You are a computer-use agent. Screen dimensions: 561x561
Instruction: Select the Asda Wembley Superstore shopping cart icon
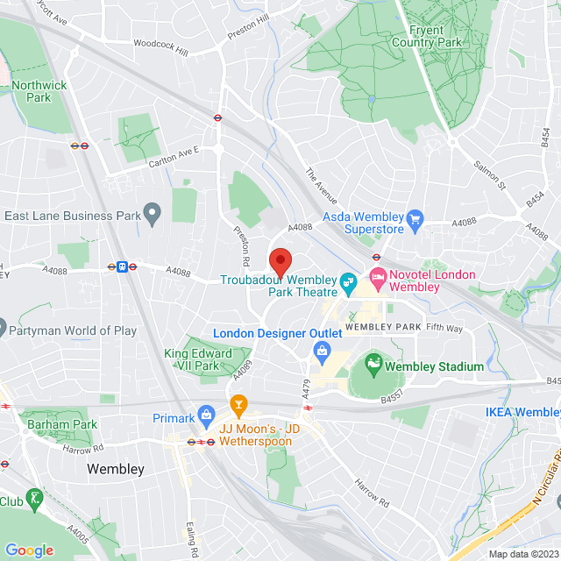tap(415, 217)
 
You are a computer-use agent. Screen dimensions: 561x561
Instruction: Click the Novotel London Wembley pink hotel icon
tap(378, 280)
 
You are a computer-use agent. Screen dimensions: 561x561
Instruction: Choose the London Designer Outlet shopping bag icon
tap(322, 351)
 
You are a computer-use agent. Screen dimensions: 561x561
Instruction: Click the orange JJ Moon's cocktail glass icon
tap(237, 404)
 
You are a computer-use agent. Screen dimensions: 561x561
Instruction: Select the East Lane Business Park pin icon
tap(153, 212)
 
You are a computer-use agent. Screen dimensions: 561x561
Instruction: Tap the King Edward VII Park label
tap(198, 359)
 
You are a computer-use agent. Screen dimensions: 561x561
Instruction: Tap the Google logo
tap(29, 550)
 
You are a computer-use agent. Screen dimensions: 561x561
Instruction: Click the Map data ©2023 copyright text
tap(522, 554)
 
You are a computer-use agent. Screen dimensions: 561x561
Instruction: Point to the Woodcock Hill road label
tap(160, 46)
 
